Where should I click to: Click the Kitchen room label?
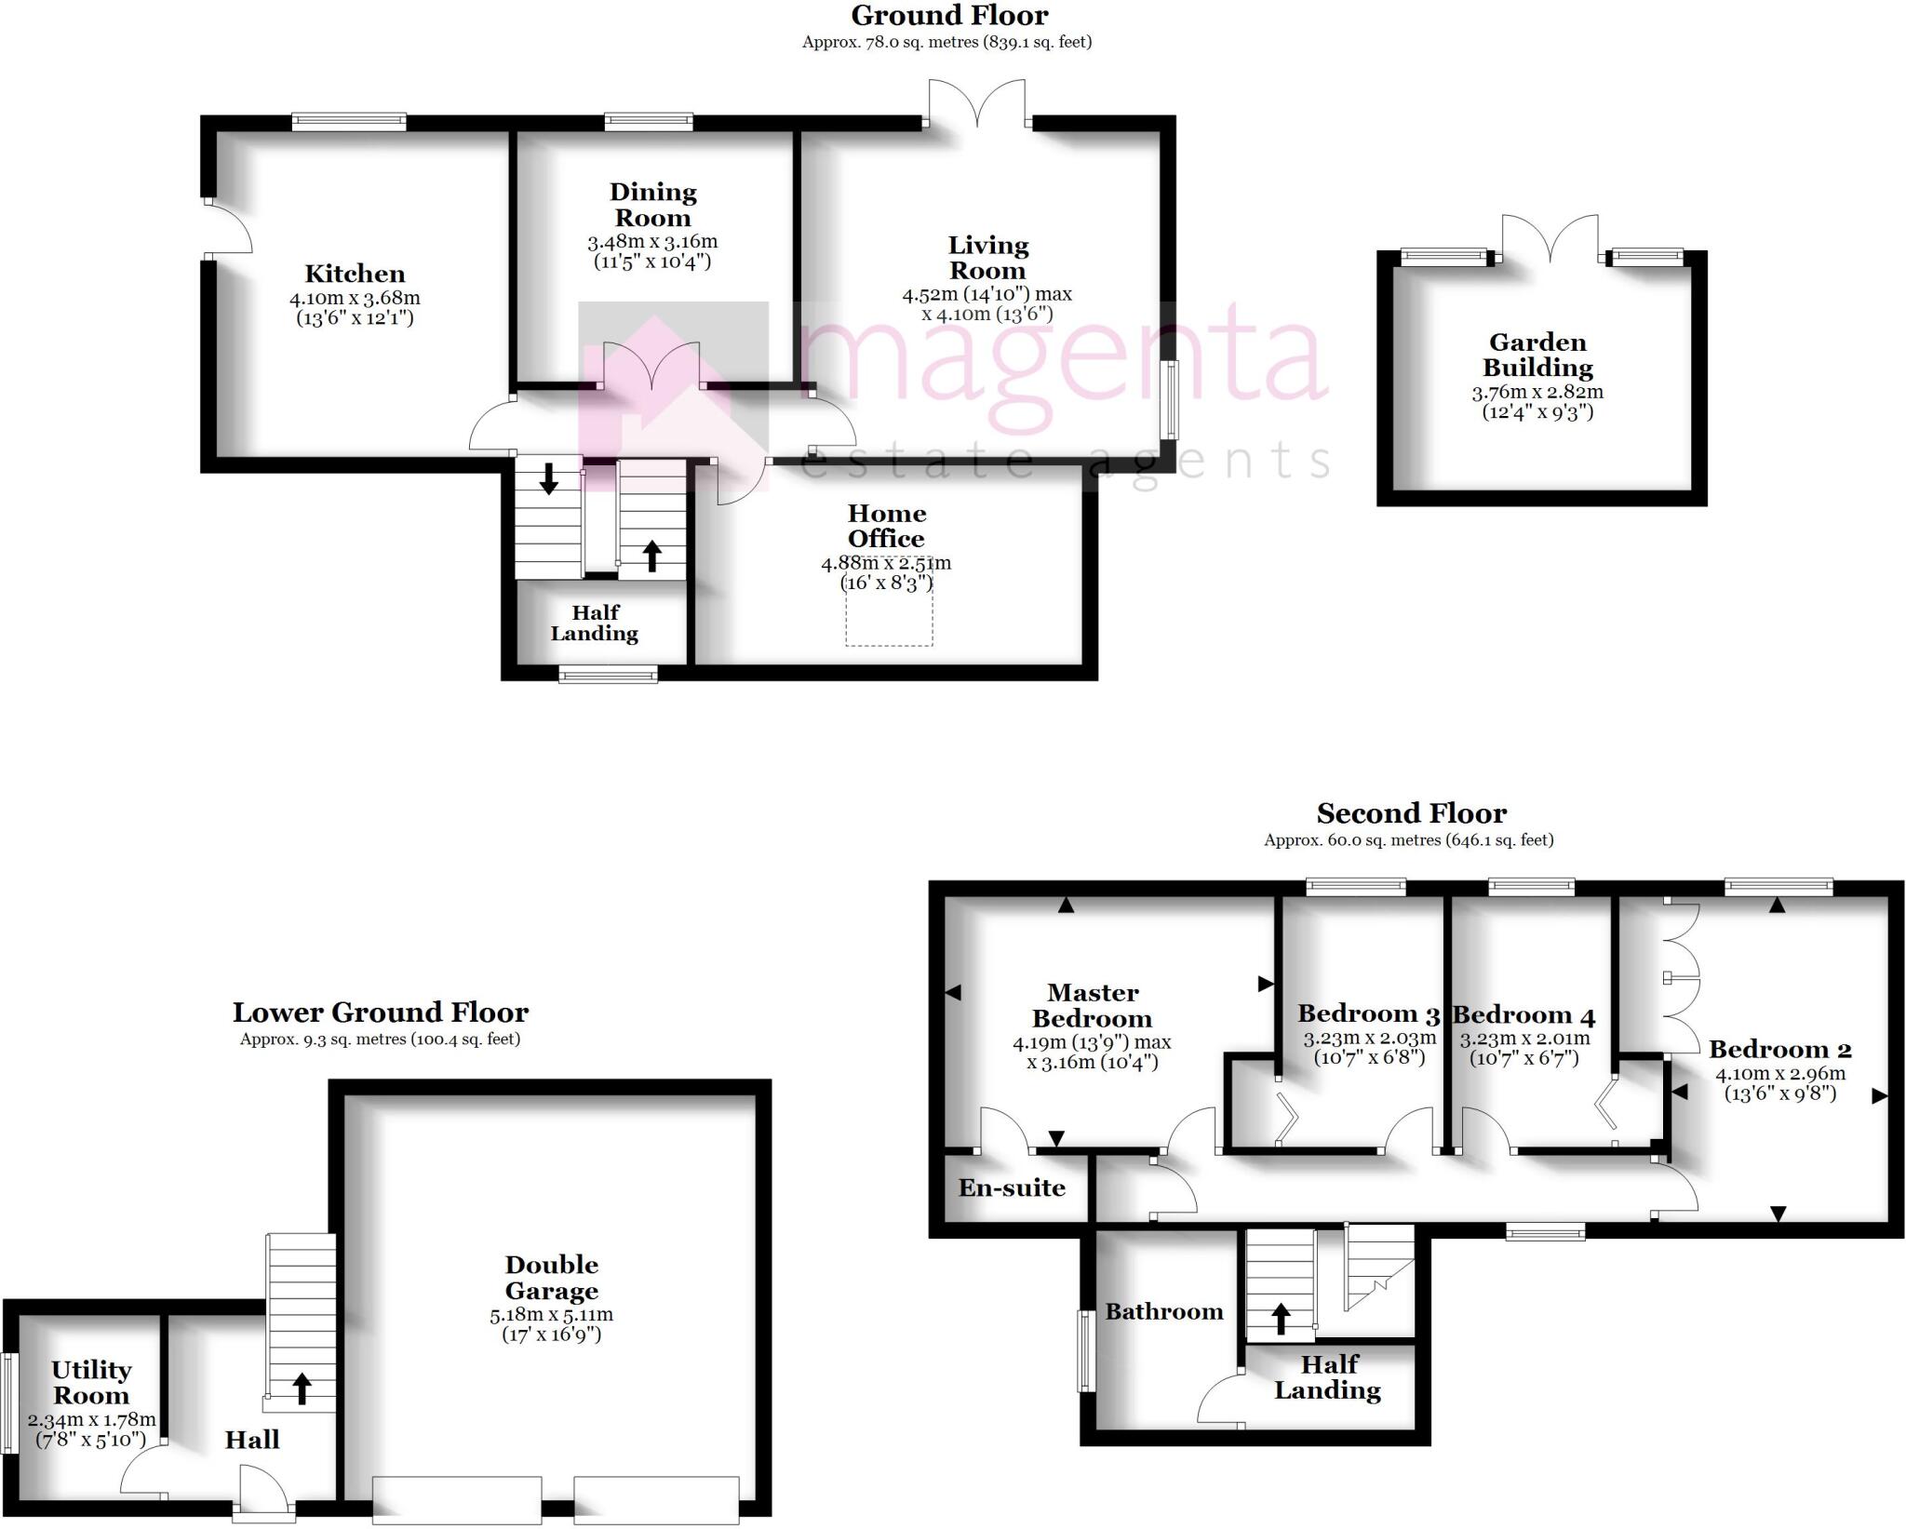[x=355, y=274]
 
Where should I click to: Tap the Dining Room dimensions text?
[x=652, y=251]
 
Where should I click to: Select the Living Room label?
[x=987, y=258]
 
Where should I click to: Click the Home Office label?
[x=886, y=526]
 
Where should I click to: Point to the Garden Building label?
[x=1537, y=355]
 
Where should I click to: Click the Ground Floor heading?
[x=948, y=16]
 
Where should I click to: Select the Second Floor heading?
[x=1411, y=813]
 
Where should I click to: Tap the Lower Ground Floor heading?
[x=381, y=1013]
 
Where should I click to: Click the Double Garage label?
[x=552, y=1278]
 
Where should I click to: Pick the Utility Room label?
[x=91, y=1383]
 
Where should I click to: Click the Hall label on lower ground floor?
[x=251, y=1440]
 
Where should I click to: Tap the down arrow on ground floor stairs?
[x=549, y=477]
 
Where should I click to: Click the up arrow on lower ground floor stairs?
[x=302, y=1388]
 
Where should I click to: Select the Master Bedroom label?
[x=1093, y=1006]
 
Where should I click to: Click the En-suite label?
[x=1012, y=1188]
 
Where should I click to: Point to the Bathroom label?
[x=1164, y=1312]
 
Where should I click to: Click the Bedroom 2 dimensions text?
[x=1779, y=1083]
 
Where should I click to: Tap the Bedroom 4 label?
[x=1523, y=1014]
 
